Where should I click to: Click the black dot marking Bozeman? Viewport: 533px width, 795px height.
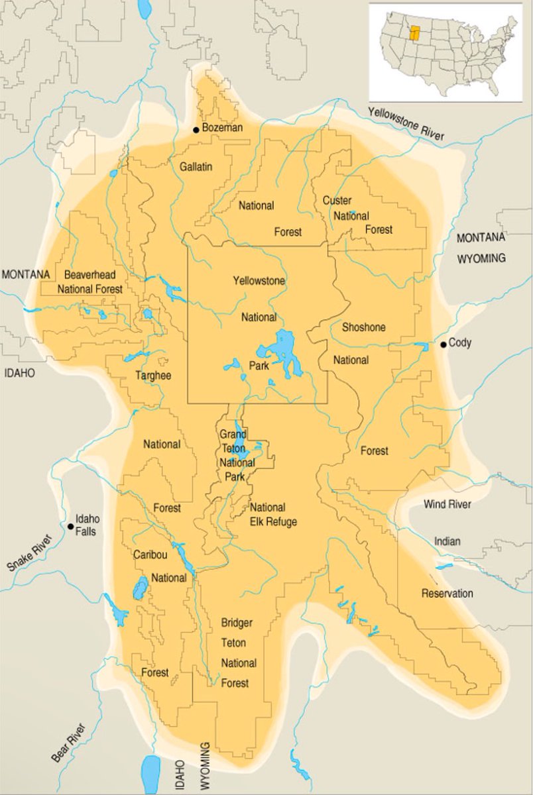196,129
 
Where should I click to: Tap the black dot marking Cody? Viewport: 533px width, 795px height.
442,344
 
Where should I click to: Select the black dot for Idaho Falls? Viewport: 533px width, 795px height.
70,527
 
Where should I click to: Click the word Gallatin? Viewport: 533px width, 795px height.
196,167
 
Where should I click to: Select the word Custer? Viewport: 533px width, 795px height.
337,200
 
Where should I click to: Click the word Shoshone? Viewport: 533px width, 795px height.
363,327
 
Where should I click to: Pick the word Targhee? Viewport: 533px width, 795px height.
153,376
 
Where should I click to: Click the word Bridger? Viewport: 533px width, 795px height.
237,622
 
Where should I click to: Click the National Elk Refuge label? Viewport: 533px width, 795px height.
272,515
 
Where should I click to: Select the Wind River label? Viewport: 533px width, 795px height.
447,505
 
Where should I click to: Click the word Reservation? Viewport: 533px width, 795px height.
447,594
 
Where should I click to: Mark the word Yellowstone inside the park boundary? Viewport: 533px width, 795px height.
259,281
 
